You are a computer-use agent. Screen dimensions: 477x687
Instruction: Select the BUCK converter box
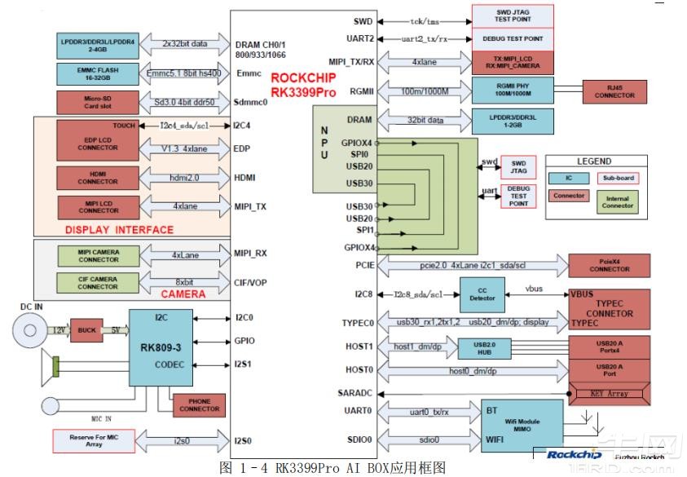click(x=83, y=330)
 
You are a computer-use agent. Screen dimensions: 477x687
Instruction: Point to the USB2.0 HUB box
click(x=478, y=349)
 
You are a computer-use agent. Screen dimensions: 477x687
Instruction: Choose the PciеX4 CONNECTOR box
click(x=609, y=264)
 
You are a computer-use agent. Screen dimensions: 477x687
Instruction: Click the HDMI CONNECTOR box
click(x=98, y=178)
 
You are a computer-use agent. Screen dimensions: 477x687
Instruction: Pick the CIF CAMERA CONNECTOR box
click(x=97, y=283)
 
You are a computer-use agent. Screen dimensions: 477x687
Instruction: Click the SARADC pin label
click(x=355, y=393)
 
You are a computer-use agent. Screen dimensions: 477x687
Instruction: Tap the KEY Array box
click(x=608, y=394)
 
